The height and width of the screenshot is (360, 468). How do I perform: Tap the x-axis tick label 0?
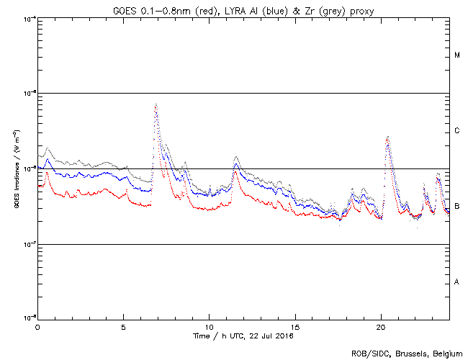pos(37,326)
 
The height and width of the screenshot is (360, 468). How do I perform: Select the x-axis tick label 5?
pos(123,326)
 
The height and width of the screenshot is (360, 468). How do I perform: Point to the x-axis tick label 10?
pos(209,326)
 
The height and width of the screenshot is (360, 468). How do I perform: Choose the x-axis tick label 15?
pos(295,326)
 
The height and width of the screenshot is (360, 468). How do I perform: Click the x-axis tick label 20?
pos(381,326)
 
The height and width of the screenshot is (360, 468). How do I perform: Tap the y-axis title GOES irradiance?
pos(16,168)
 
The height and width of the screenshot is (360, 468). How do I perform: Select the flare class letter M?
pos(457,55)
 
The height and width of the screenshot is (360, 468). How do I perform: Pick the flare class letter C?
pos(457,131)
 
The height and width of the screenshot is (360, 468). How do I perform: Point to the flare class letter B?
pos(457,207)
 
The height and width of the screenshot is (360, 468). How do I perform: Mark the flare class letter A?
pos(457,282)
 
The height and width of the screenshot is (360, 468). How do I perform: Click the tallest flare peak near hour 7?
pos(156,105)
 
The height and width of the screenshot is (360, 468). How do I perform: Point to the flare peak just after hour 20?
pos(388,137)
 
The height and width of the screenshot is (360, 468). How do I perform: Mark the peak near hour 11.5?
pos(235,157)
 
